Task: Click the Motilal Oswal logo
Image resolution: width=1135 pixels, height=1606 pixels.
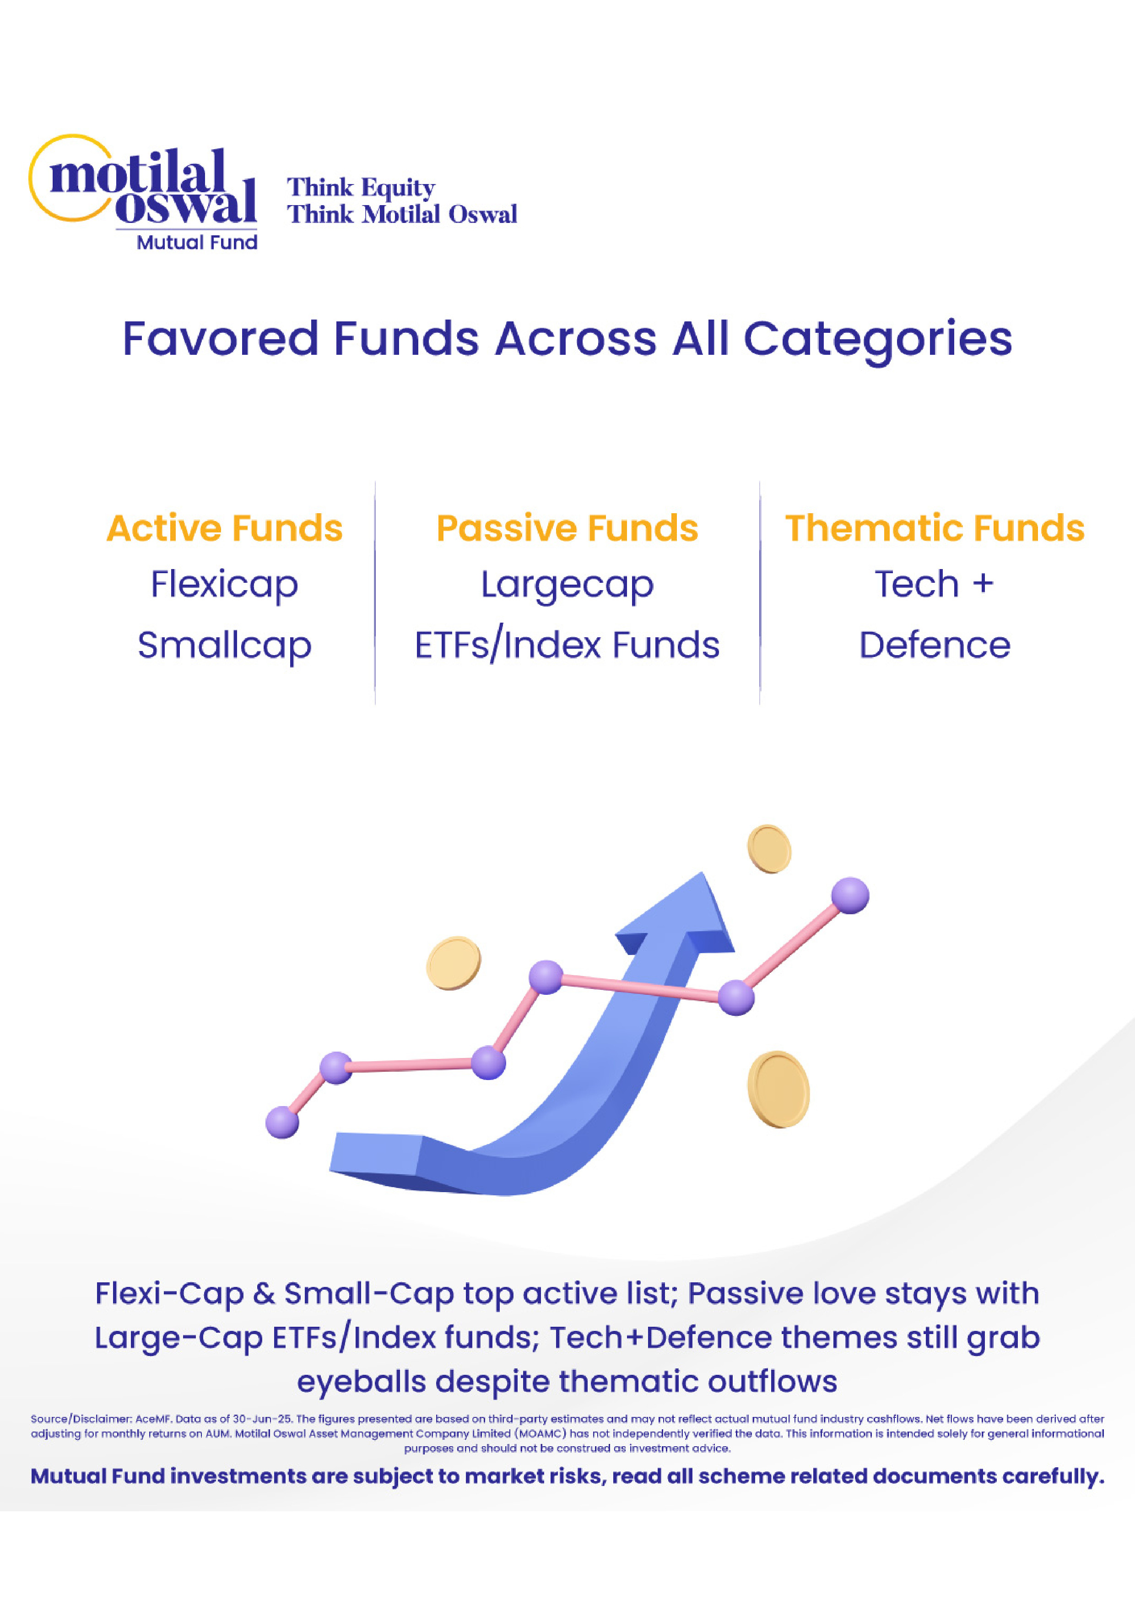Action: [143, 192]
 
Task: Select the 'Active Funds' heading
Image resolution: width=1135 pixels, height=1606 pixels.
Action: [224, 528]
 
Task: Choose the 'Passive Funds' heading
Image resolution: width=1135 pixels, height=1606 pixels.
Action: [567, 528]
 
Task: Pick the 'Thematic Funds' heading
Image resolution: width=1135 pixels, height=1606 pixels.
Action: [934, 528]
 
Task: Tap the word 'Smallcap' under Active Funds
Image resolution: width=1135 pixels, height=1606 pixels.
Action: [224, 646]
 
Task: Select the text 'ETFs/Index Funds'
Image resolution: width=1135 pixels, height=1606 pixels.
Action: [567, 646]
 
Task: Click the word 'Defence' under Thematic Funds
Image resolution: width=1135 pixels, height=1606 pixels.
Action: [934, 645]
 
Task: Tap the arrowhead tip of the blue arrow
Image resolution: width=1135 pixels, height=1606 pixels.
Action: [702, 873]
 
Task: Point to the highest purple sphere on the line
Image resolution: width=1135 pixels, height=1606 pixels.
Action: [850, 895]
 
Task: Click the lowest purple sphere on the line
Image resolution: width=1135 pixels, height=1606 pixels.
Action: [282, 1122]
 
